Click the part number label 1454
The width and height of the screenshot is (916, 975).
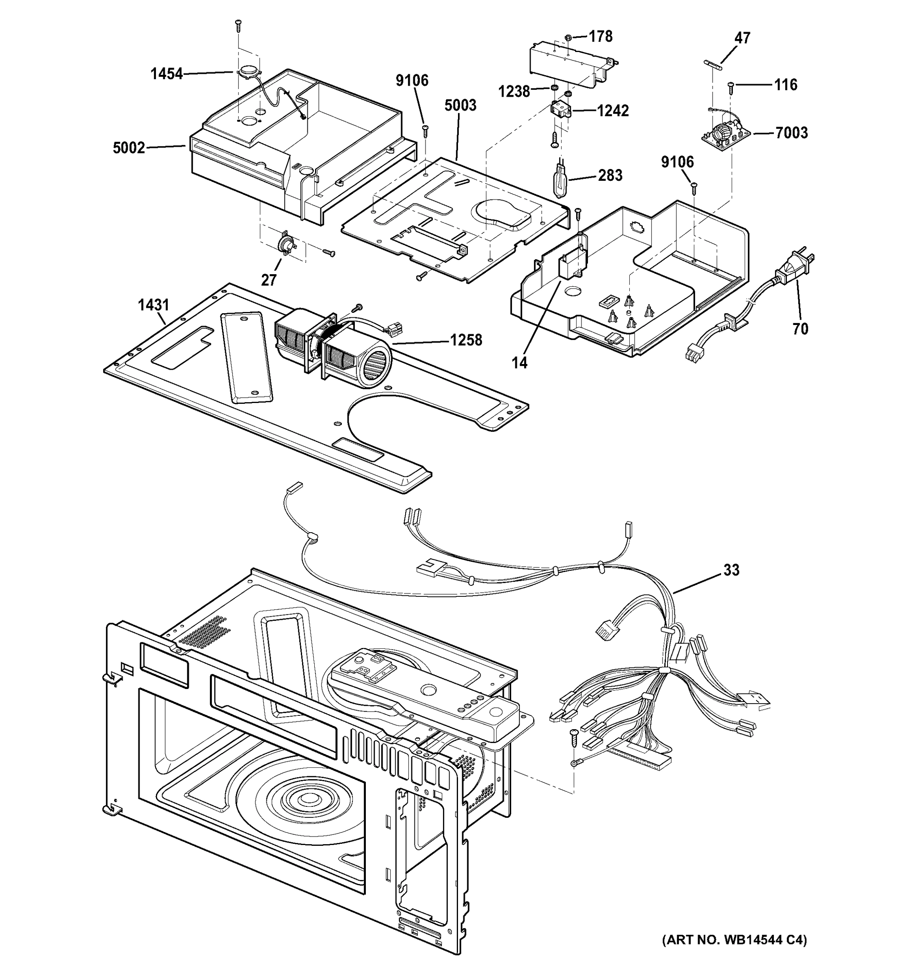(x=166, y=74)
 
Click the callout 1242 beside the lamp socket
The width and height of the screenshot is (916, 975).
(x=613, y=111)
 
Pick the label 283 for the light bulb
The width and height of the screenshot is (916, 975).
(x=610, y=175)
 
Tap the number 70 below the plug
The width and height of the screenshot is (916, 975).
(x=800, y=329)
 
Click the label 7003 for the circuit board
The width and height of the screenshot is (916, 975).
(x=791, y=132)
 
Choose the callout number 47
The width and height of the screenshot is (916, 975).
(x=742, y=38)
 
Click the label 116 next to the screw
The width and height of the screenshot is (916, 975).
(x=786, y=85)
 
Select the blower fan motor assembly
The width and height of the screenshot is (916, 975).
(x=333, y=346)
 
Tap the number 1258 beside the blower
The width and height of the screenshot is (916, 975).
(x=466, y=340)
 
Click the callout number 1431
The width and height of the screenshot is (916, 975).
(x=153, y=305)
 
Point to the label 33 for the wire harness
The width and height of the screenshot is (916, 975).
(x=731, y=570)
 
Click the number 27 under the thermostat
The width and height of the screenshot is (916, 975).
(x=268, y=280)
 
